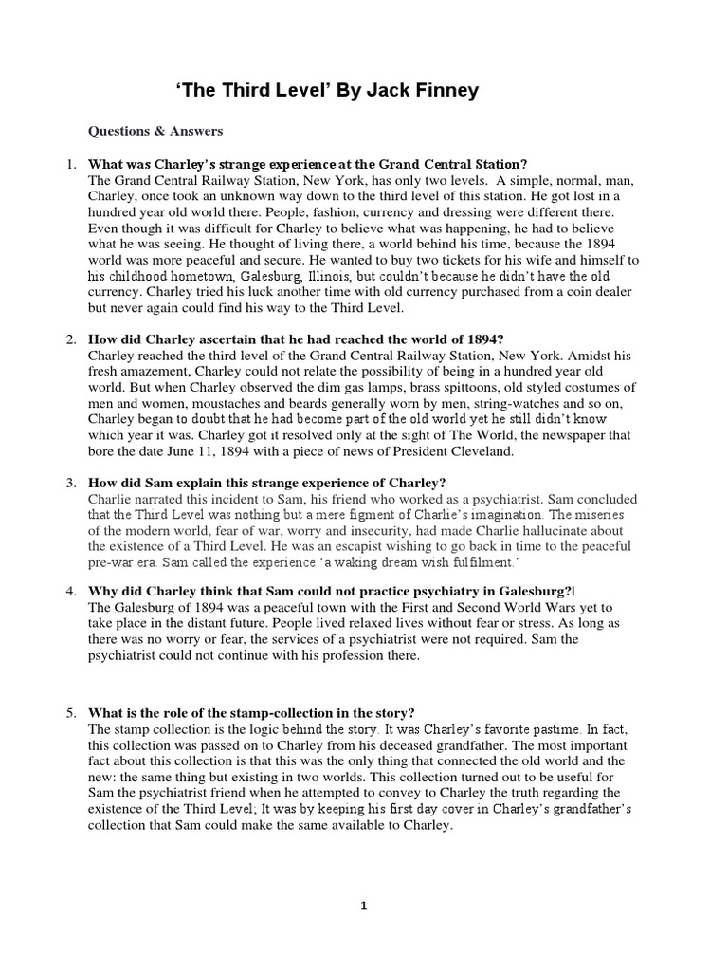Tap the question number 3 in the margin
(70, 483)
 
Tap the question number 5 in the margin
(70, 713)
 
